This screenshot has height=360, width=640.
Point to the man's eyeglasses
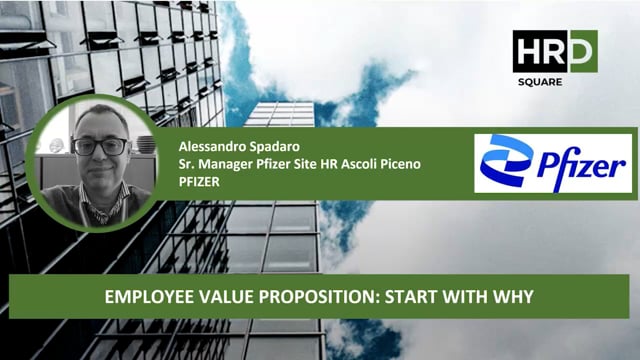click(100, 146)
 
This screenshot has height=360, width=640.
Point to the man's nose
click(100, 159)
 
